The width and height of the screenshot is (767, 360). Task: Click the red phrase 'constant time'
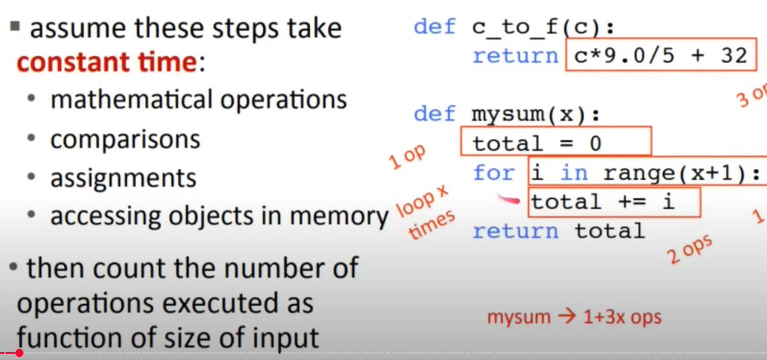[x=105, y=63]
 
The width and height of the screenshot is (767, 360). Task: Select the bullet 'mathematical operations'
[x=198, y=100]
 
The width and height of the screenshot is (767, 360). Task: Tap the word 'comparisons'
[x=125, y=139]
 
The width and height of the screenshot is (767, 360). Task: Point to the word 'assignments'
[x=123, y=178]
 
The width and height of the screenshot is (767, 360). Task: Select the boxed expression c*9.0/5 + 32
[x=661, y=56]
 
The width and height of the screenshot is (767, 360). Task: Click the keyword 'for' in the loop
[x=493, y=173]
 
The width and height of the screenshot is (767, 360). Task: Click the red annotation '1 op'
[x=407, y=157]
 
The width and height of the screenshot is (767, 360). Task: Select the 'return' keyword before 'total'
[x=515, y=231]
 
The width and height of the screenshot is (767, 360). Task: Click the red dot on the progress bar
[x=19, y=353]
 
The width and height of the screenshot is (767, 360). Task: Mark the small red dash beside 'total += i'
[x=509, y=201]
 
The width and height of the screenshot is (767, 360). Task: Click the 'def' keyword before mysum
[x=435, y=115]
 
